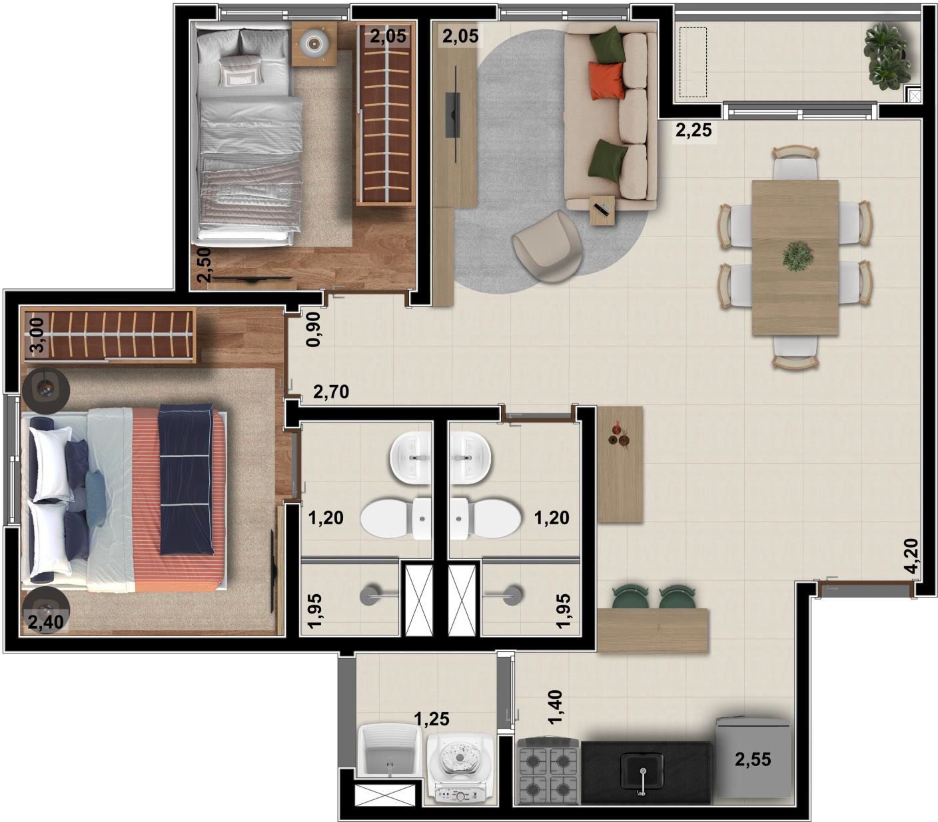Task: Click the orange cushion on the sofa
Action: click(606, 81)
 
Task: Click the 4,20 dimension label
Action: click(911, 556)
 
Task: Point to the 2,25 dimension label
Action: click(693, 130)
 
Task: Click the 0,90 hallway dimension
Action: click(313, 329)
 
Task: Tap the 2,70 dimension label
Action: click(331, 392)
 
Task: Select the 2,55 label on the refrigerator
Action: click(753, 759)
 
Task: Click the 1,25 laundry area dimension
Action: click(432, 719)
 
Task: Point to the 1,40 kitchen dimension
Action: click(555, 707)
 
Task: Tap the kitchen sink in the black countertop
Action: click(642, 771)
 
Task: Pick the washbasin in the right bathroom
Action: click(470, 458)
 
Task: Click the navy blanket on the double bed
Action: click(186, 480)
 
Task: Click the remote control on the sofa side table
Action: click(602, 209)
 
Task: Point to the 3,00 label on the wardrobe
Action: click(39, 335)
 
